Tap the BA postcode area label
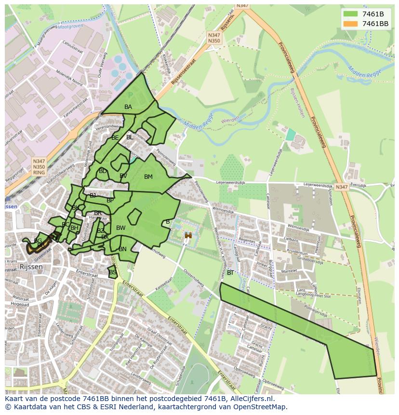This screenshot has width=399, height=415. point(128,107)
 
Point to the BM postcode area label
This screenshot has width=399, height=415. point(148,177)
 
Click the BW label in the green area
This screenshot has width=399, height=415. point(121,228)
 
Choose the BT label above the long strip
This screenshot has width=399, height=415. point(230,273)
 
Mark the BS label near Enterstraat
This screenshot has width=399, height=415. point(113,272)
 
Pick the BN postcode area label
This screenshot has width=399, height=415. point(122,249)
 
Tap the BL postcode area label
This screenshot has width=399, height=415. point(130,137)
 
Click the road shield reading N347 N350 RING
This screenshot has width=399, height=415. point(39,166)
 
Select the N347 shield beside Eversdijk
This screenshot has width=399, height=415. point(342,187)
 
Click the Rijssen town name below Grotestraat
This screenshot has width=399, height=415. point(31,267)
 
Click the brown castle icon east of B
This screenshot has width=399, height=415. point(188,235)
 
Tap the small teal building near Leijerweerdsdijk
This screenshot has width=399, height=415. point(291,134)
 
